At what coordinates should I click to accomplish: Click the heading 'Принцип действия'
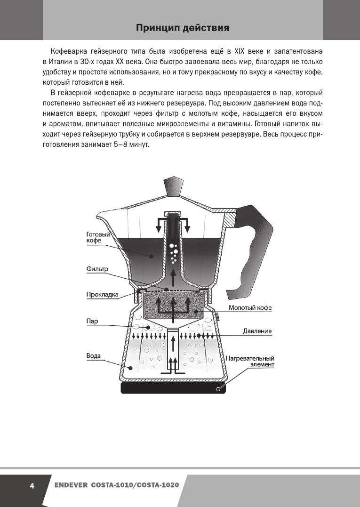[183, 29]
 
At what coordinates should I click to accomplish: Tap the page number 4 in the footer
[32, 485]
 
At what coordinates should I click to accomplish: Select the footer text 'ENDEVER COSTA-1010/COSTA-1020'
[116, 485]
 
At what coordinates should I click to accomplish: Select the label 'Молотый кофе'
[250, 308]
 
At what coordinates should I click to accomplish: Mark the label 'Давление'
[257, 331]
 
